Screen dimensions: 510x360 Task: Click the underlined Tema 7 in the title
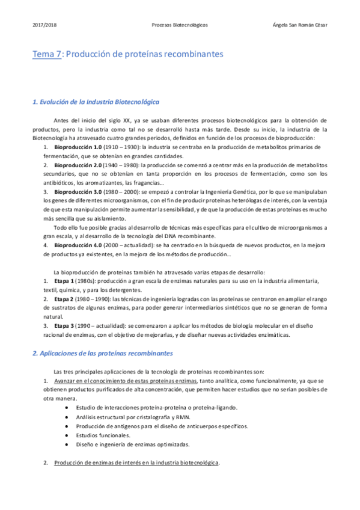click(47, 54)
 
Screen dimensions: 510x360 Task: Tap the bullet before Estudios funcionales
click(66, 435)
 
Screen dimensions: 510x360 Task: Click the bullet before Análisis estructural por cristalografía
click(66, 417)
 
